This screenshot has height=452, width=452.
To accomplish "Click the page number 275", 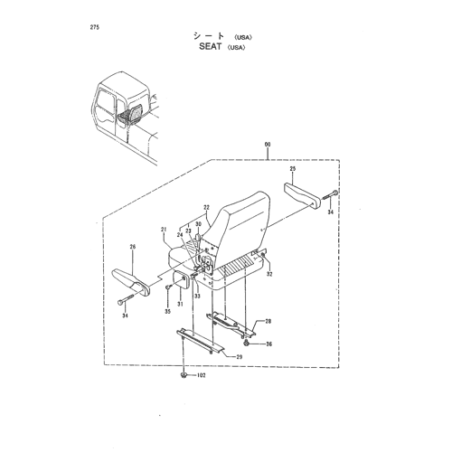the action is pyautogui.click(x=94, y=27).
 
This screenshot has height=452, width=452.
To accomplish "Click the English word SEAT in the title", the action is pyautogui.click(x=210, y=47).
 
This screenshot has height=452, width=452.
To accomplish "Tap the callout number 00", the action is pyautogui.click(x=268, y=145).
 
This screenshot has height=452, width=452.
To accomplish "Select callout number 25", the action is pyautogui.click(x=293, y=169).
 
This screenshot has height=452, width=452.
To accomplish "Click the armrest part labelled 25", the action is pyautogui.click(x=302, y=195).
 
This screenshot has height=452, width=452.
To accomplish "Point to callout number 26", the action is pyautogui.click(x=133, y=247).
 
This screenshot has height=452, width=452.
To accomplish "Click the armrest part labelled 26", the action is pyautogui.click(x=130, y=281).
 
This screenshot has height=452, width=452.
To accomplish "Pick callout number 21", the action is pyautogui.click(x=164, y=230).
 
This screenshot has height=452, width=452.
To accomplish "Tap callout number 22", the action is pyautogui.click(x=206, y=207).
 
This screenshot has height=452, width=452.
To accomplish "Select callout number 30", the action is pyautogui.click(x=198, y=224).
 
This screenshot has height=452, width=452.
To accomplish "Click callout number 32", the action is pyautogui.click(x=269, y=274).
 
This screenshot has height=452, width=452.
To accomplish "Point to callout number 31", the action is pyautogui.click(x=180, y=304).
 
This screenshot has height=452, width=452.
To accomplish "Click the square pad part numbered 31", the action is pyautogui.click(x=180, y=279).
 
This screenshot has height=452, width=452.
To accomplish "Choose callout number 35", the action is pyautogui.click(x=167, y=311).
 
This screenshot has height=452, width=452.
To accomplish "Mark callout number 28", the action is pyautogui.click(x=268, y=321).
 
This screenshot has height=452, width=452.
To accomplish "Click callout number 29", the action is pyautogui.click(x=240, y=357).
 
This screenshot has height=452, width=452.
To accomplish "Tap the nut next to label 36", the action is pyautogui.click(x=246, y=343).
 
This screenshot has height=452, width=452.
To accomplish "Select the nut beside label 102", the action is pyautogui.click(x=183, y=375).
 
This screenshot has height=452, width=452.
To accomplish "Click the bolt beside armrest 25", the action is pyautogui.click(x=331, y=194).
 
